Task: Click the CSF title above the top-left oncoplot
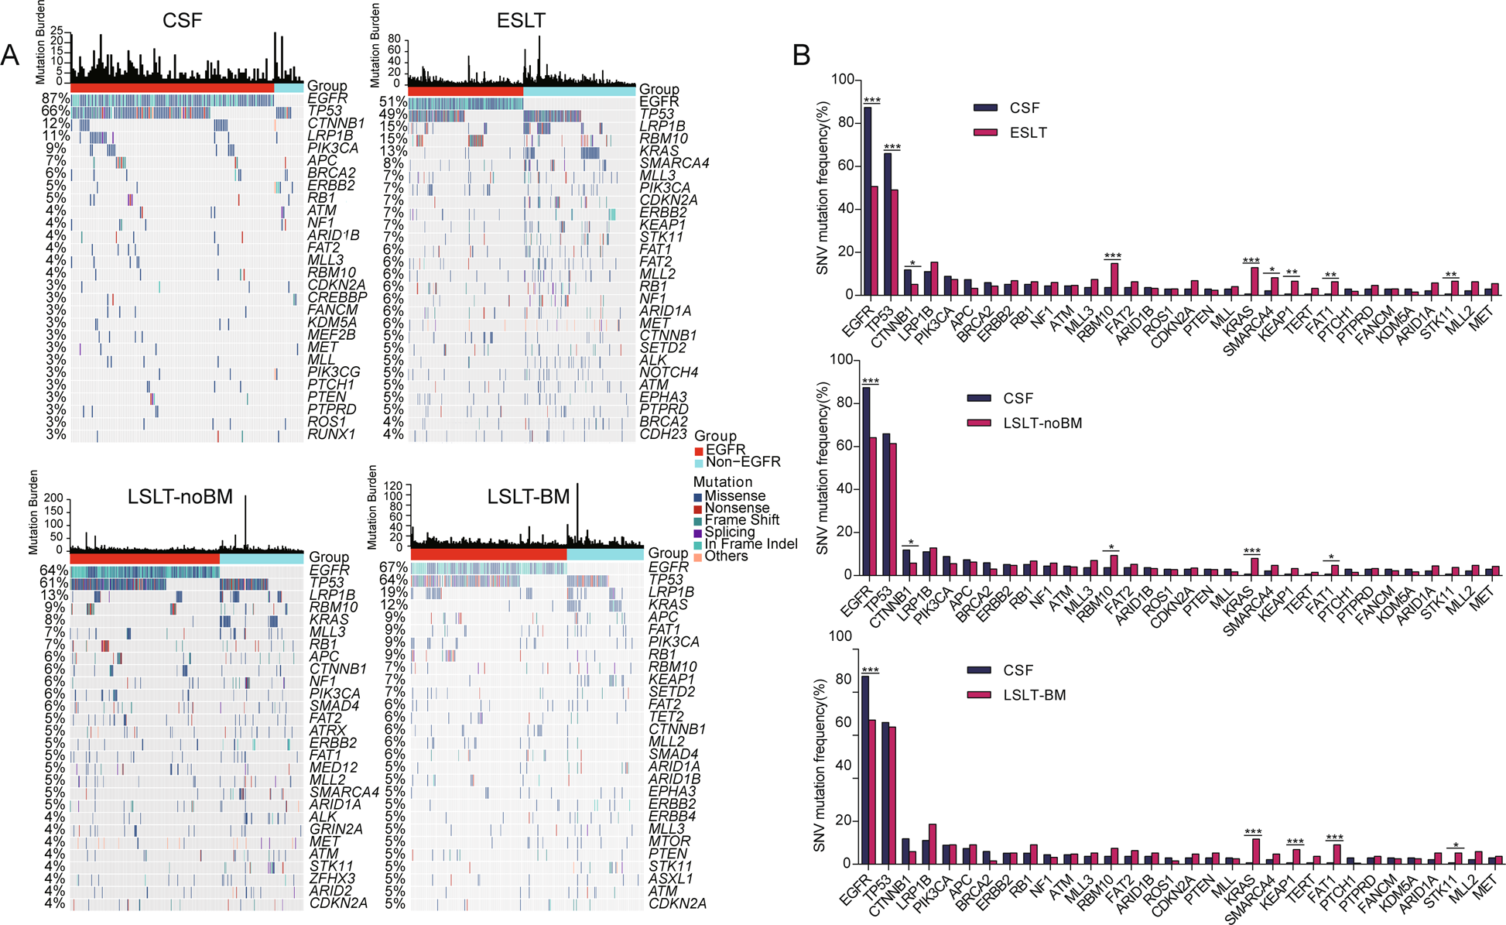[182, 20]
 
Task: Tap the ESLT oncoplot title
[520, 21]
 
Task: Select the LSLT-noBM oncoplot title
[180, 496]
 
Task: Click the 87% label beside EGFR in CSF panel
[55, 98]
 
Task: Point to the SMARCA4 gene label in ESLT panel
[674, 163]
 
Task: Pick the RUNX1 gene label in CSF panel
[330, 434]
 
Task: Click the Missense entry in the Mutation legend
[734, 496]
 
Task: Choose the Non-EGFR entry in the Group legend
[743, 462]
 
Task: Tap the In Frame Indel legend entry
[750, 544]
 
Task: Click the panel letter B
[801, 55]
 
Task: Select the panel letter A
[10, 55]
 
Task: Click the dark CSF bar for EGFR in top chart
[868, 200]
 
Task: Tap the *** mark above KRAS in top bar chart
[1251, 261]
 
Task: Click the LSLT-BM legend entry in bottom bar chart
[1034, 695]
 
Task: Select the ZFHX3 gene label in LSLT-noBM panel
[332, 879]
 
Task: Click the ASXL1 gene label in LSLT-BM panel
[670, 879]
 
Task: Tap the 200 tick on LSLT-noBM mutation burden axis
[53, 498]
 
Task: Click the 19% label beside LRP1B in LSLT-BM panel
[394, 592]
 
